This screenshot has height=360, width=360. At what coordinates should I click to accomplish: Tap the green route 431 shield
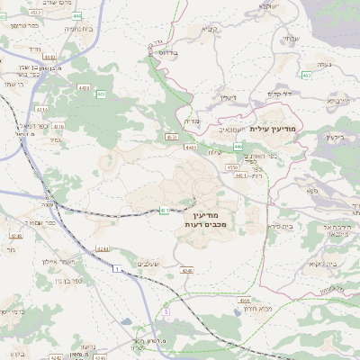[x=165, y=211]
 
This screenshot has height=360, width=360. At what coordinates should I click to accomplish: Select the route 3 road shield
[x=166, y=311]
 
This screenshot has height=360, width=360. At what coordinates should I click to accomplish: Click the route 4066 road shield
[x=245, y=300]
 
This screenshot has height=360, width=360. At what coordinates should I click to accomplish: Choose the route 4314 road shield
[x=41, y=109]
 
